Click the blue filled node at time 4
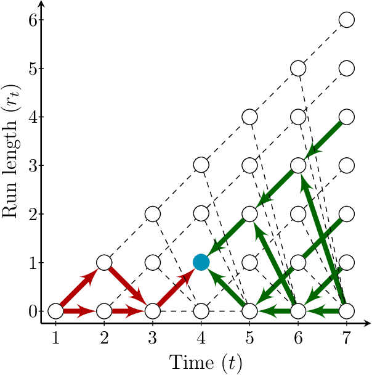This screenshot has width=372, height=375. click(x=201, y=262)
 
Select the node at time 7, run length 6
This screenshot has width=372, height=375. click(x=347, y=19)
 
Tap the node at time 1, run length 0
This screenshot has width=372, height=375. click(x=55, y=311)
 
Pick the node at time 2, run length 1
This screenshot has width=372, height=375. click(x=104, y=262)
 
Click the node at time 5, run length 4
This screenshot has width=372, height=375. click(x=249, y=117)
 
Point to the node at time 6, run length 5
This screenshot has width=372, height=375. click(x=298, y=68)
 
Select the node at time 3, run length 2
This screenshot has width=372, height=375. click(x=153, y=214)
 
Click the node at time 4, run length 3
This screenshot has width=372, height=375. click(x=201, y=165)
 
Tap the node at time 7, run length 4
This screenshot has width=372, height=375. click(x=347, y=117)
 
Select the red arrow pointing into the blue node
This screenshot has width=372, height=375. click(x=177, y=286)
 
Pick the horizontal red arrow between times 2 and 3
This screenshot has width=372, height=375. click(x=128, y=311)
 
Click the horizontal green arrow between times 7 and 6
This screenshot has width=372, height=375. click(x=322, y=311)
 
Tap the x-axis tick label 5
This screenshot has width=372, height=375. click(x=249, y=338)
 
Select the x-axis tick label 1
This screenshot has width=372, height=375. click(x=55, y=338)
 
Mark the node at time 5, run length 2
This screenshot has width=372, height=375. click(x=249, y=214)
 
